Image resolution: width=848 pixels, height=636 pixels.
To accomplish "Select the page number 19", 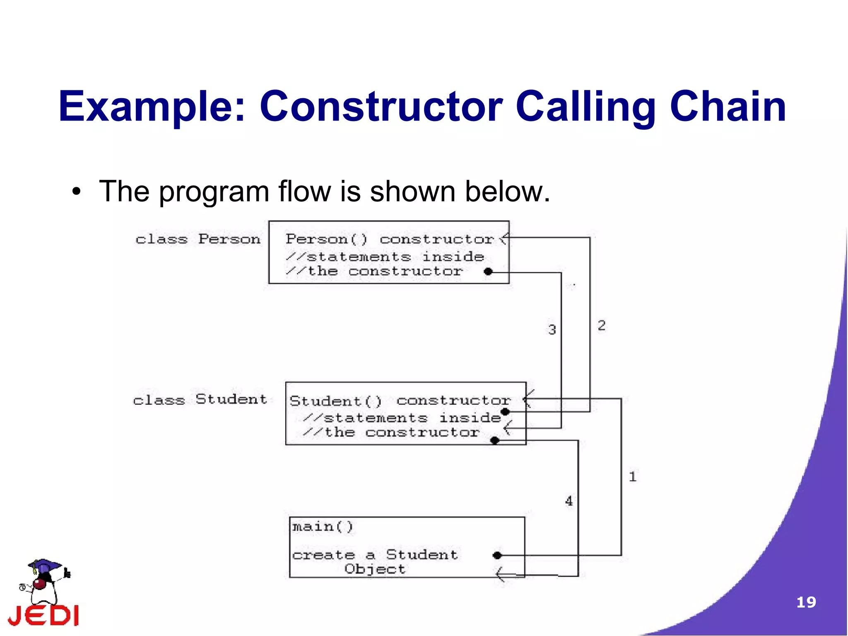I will coord(806,602).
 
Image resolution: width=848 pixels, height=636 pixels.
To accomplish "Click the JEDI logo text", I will coord(43,616).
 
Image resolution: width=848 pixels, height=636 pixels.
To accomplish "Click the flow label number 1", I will coord(632,476).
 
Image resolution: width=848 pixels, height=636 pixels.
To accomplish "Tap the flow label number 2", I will coord(602,325).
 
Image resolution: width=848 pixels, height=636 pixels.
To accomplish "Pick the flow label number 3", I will coord(552,330).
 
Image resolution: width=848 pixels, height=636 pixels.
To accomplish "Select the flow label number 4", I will coord(569,501).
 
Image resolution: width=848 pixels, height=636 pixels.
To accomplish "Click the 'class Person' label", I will coord(198,239).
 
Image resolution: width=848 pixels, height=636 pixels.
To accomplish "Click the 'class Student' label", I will coord(200,399).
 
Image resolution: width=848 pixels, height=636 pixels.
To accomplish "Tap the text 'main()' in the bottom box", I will coord(323,527).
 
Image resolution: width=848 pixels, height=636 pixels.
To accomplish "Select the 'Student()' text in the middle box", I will coord(335,401).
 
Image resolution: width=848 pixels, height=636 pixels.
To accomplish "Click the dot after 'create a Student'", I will coord(497,555).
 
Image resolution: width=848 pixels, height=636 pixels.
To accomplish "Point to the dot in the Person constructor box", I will coord(488,272).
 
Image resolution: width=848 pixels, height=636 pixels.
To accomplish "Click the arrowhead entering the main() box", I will coord(501,574).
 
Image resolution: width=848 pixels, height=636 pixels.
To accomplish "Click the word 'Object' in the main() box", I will coord(375,569).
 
